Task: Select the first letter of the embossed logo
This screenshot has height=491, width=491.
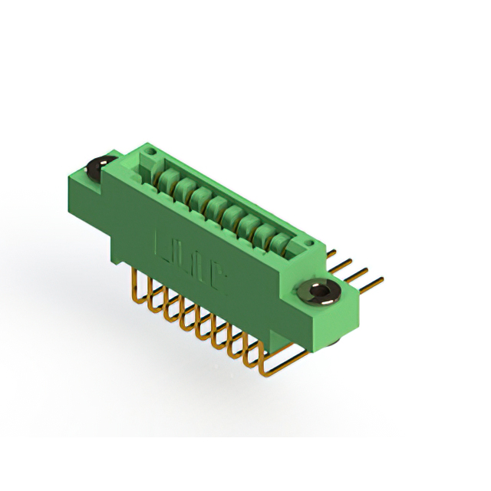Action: (x=164, y=249)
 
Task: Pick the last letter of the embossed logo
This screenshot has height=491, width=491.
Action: (x=218, y=285)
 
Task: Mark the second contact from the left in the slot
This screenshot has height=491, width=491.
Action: (x=180, y=189)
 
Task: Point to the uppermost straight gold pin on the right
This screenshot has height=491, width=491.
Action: (x=332, y=252)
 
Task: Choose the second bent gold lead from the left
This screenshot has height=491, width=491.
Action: (x=151, y=295)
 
